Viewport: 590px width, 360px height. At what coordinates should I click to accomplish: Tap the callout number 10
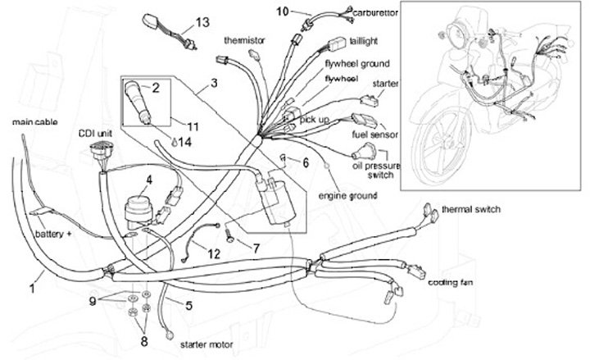point(282,11)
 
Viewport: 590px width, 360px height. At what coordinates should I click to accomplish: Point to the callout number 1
point(34,288)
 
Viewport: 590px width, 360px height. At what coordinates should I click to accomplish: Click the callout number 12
point(214,254)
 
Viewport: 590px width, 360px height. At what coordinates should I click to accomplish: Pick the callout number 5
point(188,306)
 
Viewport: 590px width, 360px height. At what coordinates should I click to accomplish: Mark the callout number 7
point(256,246)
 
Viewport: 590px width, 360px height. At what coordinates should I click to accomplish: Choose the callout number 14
point(185,141)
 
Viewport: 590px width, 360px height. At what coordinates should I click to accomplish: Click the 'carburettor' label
point(353,14)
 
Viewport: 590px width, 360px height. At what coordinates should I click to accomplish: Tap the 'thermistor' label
point(243,40)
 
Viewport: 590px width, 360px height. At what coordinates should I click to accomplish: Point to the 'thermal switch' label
point(470,209)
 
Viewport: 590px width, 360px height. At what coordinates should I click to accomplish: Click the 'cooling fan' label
point(449,282)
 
